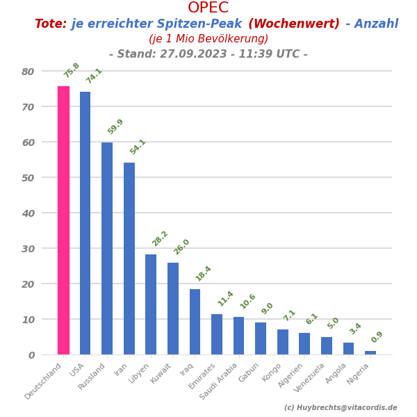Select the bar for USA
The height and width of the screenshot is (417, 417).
pos(85,223)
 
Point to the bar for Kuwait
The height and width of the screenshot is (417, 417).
pos(173,309)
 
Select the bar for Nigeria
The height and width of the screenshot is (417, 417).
pos(370,352)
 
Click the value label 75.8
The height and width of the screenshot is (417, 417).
pos(72,70)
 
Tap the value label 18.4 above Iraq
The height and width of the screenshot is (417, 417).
pos(203,274)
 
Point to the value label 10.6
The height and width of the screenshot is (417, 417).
pos(247,302)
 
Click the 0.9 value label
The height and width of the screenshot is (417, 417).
pos(377,337)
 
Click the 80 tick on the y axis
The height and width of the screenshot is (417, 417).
pos(28,71)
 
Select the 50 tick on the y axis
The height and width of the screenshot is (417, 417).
pos(28,177)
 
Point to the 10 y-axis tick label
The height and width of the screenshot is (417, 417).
pos(28,319)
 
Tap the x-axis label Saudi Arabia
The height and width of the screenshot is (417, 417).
pos(220,380)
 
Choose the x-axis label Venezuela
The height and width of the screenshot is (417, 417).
pos(310,377)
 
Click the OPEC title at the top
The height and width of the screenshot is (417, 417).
pos(208,8)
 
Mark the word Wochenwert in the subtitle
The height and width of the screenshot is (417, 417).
pos(294,24)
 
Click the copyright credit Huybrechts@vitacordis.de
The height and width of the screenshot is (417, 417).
pos(341,408)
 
